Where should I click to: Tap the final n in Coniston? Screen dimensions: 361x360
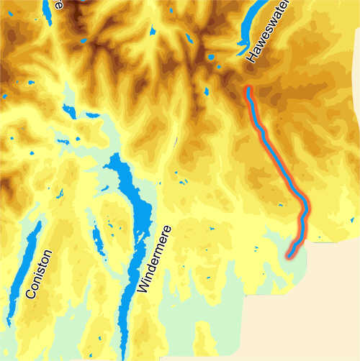click(x=48, y=254)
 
